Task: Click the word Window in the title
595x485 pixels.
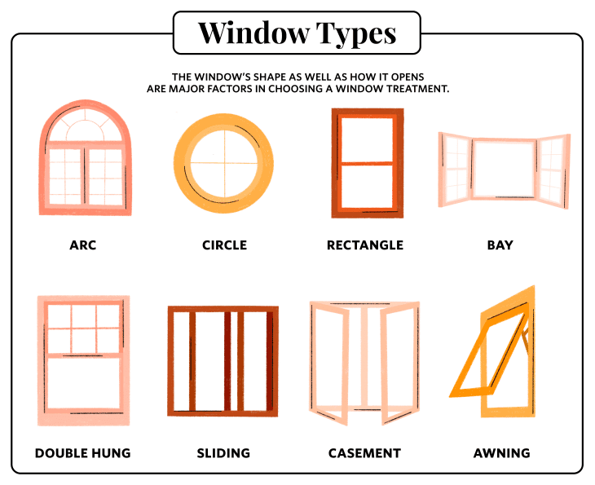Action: click(x=253, y=33)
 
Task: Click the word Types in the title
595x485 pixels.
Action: click(x=356, y=34)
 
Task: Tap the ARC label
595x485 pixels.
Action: click(x=82, y=245)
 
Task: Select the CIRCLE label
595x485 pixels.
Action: click(x=224, y=245)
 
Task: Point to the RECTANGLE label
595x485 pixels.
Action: click(x=365, y=245)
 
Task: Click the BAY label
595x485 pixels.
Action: click(x=500, y=245)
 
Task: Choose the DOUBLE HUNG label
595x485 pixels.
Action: click(x=82, y=453)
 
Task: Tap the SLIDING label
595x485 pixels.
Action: click(x=223, y=453)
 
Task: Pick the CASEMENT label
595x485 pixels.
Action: click(x=364, y=453)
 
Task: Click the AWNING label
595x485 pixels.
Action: click(x=501, y=453)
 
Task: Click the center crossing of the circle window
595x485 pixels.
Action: click(x=224, y=163)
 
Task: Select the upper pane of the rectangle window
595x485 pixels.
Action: click(x=367, y=140)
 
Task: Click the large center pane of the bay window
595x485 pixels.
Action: click(x=504, y=169)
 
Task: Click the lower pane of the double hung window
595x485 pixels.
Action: click(x=83, y=383)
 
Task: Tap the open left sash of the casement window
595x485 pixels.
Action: click(x=329, y=364)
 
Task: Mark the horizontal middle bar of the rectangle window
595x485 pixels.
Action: click(x=367, y=164)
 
